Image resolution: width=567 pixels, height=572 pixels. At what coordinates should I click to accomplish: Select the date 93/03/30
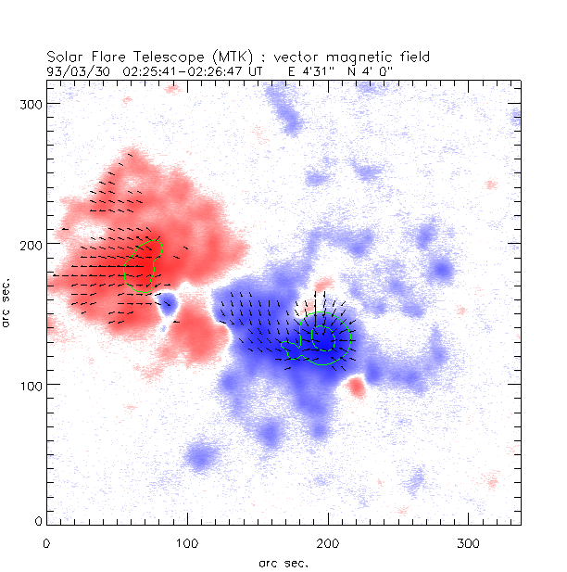pos(76,70)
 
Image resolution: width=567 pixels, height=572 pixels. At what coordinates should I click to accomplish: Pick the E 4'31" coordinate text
pos(311,70)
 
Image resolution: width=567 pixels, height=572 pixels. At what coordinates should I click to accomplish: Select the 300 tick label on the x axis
pos(467,541)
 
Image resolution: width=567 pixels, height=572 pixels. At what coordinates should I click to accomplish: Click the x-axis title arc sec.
pos(283,562)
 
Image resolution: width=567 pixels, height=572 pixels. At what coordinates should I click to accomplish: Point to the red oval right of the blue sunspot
pos(356,387)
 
